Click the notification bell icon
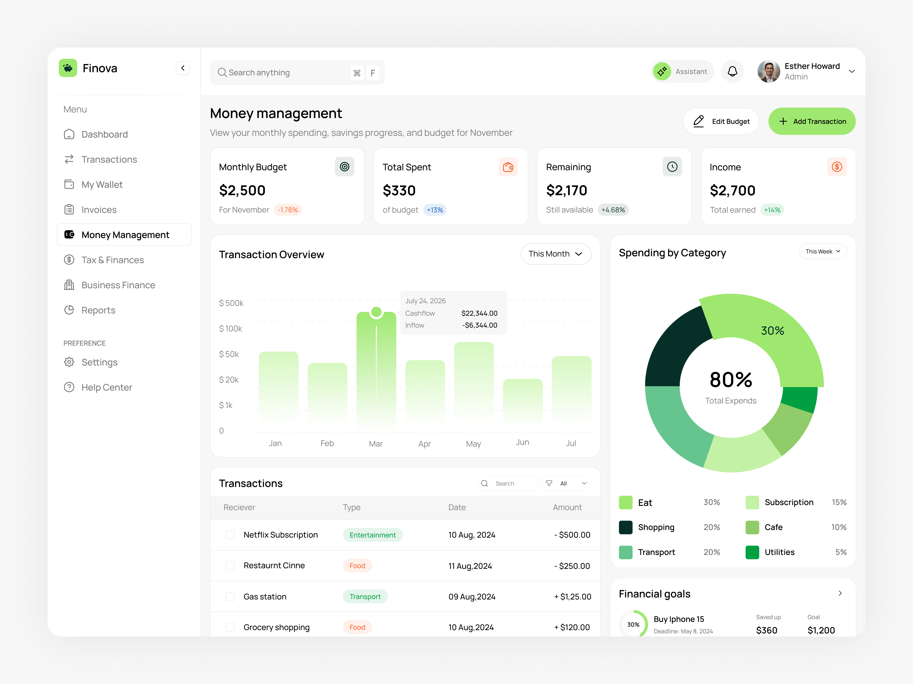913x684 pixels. [x=732, y=72]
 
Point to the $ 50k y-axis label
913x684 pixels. [x=229, y=354]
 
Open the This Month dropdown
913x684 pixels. [x=556, y=254]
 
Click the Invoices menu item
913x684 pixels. [x=99, y=210]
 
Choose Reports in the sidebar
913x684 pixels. [x=98, y=310]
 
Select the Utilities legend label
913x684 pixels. [x=779, y=552]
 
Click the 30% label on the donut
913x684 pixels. [x=772, y=331]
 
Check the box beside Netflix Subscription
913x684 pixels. [x=230, y=535]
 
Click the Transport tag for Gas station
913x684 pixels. [x=365, y=597]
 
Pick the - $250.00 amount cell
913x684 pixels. [x=572, y=566]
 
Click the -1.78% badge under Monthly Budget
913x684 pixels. [x=288, y=210]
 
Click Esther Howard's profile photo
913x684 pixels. [x=768, y=72]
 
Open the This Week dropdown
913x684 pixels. [x=823, y=252]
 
